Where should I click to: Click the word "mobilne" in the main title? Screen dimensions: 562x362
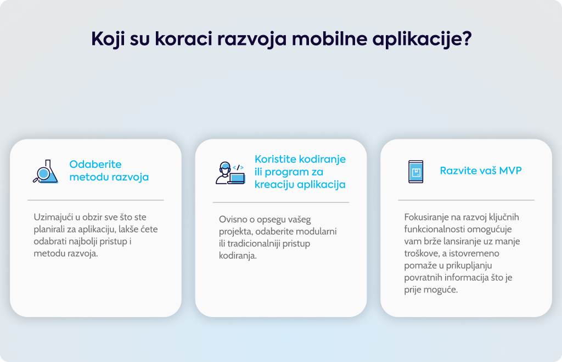tap(329, 38)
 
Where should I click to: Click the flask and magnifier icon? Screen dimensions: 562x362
tap(46, 172)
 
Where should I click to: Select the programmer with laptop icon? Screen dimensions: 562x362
tap(230, 173)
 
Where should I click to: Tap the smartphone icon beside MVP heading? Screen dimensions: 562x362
tap(416, 172)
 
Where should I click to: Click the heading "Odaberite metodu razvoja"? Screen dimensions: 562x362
tap(109, 171)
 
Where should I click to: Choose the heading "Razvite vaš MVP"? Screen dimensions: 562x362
tap(481, 171)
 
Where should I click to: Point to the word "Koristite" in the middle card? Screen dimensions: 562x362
tap(276, 159)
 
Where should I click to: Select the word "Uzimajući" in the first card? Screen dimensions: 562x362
tap(53, 217)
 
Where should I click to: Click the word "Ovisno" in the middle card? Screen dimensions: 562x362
tap(231, 219)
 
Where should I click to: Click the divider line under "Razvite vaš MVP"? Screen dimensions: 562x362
tap(466, 200)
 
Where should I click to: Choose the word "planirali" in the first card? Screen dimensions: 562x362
tap(49, 229)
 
